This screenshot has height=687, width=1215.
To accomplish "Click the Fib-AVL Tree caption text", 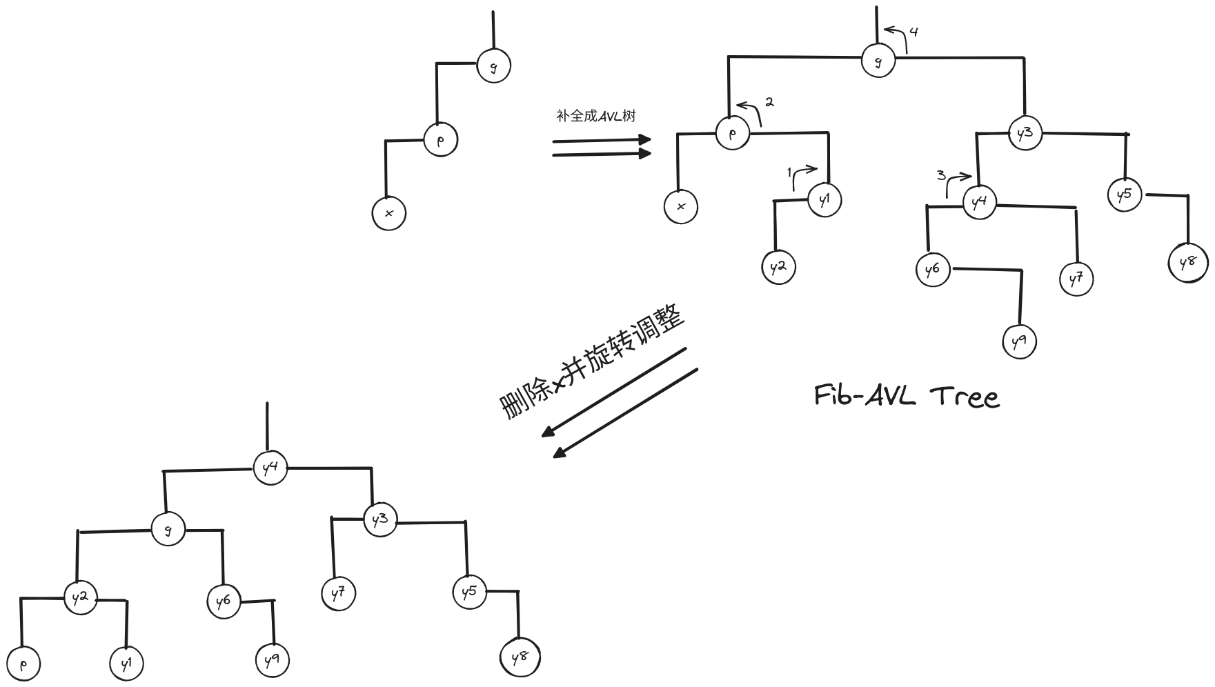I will tap(907, 397).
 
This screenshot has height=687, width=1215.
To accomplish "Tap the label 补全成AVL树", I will tap(595, 116).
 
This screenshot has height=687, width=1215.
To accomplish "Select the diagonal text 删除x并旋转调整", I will tap(592, 364).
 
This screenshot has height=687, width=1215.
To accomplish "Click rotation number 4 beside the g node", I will tap(913, 32).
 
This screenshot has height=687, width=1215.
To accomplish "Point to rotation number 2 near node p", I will tap(769, 102).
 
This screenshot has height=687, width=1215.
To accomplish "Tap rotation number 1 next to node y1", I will tap(790, 172).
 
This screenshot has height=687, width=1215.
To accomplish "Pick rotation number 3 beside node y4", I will tap(941, 175).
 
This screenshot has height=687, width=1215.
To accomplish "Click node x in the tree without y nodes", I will tap(388, 213).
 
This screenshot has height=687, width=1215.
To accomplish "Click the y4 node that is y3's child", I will tap(979, 202).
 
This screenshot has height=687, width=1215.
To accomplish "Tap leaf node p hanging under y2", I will tap(23, 665).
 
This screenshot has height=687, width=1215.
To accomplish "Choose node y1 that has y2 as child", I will tap(824, 200).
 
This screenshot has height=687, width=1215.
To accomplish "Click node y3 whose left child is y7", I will tap(380, 520).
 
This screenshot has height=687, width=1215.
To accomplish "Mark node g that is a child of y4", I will tap(168, 530).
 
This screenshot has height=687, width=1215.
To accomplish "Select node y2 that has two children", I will tap(81, 597).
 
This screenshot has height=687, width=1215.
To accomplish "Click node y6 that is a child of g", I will tap(223, 601).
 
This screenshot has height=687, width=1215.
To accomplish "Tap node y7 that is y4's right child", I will tap(1076, 279).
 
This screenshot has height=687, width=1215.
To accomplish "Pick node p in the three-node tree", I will tap(440, 139).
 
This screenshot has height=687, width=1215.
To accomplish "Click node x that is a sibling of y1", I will tap(681, 206).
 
